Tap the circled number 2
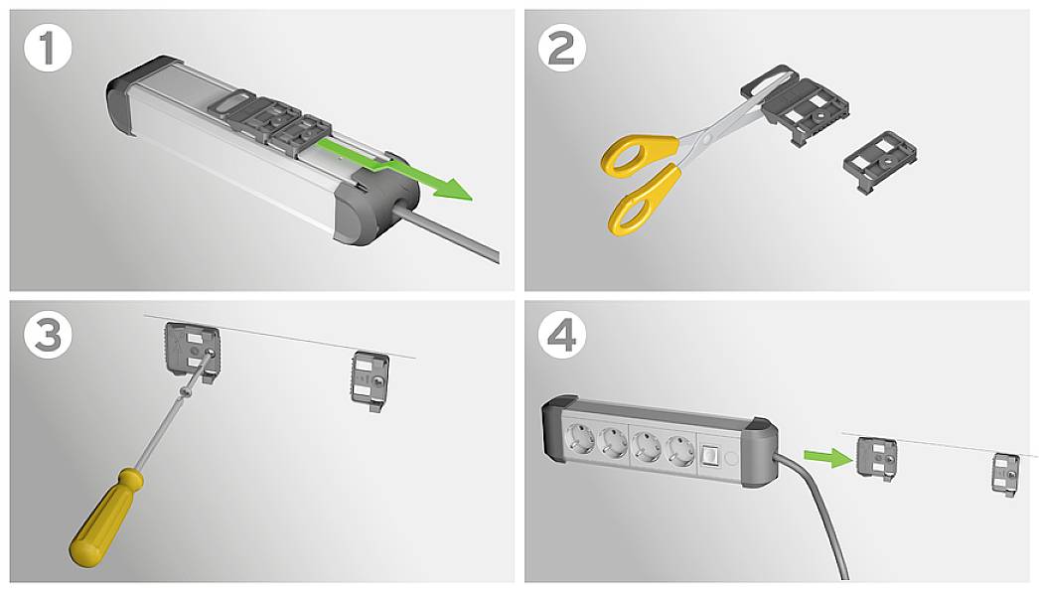pyautogui.click(x=562, y=48)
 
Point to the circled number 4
pyautogui.click(x=562, y=336)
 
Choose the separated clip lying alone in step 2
pyautogui.click(x=878, y=158)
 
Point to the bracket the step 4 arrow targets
pyautogui.click(x=877, y=458)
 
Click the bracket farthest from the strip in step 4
pyautogui.click(x=1004, y=473)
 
